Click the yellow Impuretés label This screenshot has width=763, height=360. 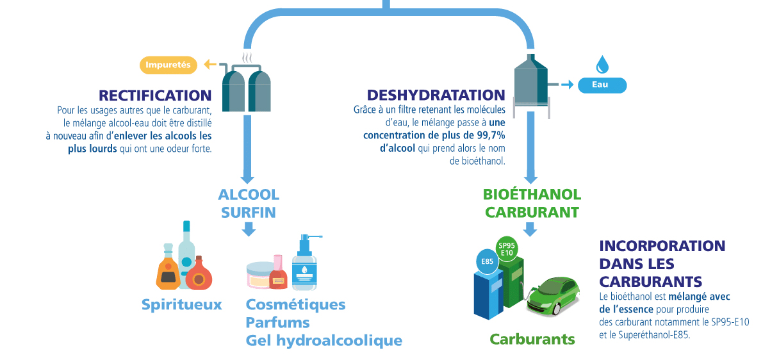pos(168,65)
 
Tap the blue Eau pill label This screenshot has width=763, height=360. pos(602,85)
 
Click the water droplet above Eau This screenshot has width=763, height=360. pos(602,64)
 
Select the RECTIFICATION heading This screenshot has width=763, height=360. pos(155,95)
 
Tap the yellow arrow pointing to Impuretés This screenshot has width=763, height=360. pos(209,64)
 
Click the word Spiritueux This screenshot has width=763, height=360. pos(181,304)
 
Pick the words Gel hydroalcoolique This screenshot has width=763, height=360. pos(324,340)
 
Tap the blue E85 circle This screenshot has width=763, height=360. pos(487,261)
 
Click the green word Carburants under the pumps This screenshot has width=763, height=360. pos(532,339)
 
